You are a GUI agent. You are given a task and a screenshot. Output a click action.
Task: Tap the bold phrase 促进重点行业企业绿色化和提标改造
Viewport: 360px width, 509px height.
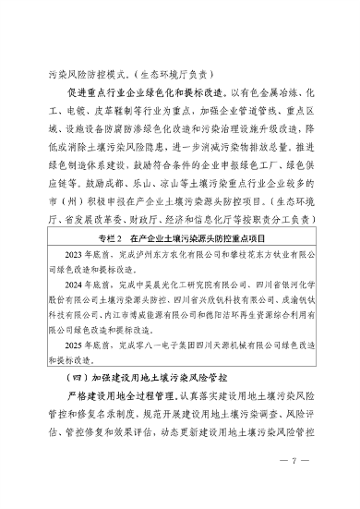point(144,91)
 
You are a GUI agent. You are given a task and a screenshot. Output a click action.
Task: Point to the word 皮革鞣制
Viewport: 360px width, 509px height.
point(125,108)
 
